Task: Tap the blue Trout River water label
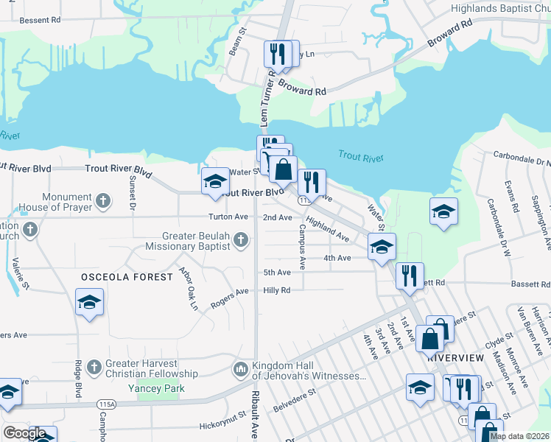click(x=361, y=156)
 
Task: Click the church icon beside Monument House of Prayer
click(x=104, y=200)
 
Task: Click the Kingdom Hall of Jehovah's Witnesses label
click(x=309, y=371)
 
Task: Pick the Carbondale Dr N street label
click(x=522, y=160)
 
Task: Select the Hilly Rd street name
click(x=277, y=290)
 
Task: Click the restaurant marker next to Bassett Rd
click(x=409, y=276)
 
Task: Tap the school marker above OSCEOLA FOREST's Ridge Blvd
click(x=89, y=302)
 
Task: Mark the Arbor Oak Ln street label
click(x=189, y=287)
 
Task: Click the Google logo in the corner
click(x=24, y=433)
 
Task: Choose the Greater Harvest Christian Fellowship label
click(x=141, y=369)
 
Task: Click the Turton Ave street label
click(x=228, y=217)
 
